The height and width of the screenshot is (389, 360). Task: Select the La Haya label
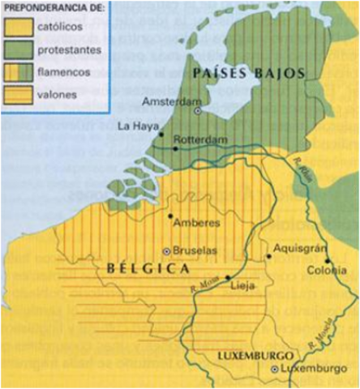(135, 126)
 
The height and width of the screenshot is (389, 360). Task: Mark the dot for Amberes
(171, 216)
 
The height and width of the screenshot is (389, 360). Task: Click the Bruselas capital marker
(167, 251)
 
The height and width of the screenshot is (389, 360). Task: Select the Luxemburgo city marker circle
(275, 370)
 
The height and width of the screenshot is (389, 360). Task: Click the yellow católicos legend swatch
(16, 27)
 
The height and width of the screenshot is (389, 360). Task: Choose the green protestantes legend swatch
(16, 49)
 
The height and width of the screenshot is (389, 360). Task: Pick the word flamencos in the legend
(62, 72)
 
